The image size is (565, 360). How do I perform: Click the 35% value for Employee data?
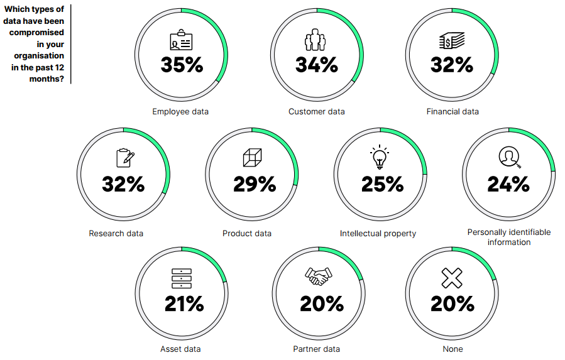182,65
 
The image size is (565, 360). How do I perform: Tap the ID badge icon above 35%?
181,40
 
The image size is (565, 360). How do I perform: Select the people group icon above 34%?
315,40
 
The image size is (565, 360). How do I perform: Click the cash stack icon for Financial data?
452,40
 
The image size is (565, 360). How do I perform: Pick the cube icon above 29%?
252,158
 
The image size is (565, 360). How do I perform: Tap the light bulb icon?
380,157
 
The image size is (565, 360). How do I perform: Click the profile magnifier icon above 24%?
510,157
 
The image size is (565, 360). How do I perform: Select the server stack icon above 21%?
182,278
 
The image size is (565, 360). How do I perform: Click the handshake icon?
318,276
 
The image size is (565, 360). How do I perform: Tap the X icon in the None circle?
452,278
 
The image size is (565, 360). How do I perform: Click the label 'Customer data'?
317,112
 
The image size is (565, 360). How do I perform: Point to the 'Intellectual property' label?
378,234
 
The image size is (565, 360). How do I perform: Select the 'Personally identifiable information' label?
509,237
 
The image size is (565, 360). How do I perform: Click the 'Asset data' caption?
180,349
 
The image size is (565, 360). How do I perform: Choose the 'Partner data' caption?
316,349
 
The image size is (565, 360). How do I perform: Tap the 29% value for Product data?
255,184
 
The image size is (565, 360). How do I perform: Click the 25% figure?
383,184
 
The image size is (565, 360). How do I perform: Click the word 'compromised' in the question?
36,33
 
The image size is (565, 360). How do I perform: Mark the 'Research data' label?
116,234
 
